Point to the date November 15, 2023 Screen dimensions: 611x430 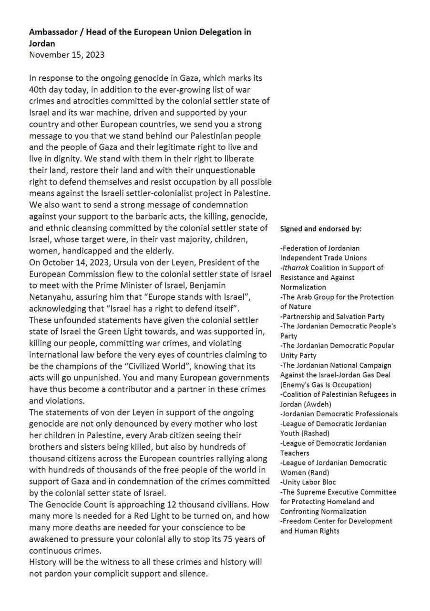click(67, 54)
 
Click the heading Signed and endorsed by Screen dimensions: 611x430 click(321, 229)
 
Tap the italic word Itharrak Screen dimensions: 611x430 click(296, 268)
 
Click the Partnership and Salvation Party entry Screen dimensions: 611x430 click(332, 316)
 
